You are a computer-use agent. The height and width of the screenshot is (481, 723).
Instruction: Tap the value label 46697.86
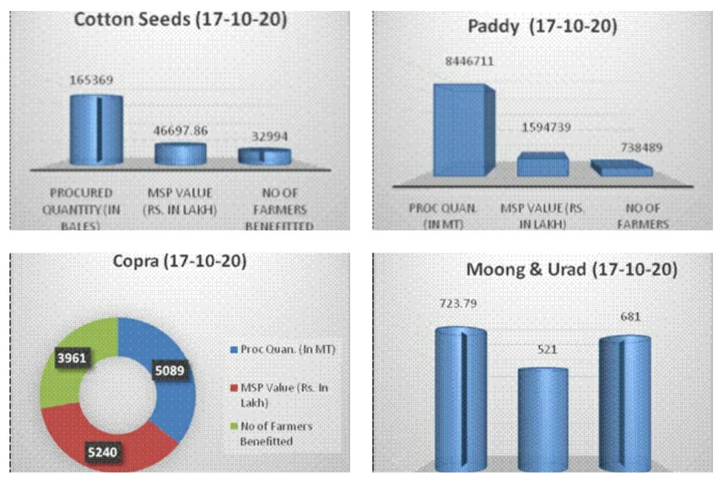(180, 130)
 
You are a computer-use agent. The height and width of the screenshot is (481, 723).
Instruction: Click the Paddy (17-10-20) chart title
(542, 27)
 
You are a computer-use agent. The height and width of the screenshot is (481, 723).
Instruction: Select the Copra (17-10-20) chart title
(180, 262)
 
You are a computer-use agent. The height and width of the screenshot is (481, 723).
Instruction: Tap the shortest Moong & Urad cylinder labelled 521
(542, 418)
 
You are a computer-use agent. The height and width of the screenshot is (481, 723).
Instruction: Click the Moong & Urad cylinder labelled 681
(624, 402)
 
